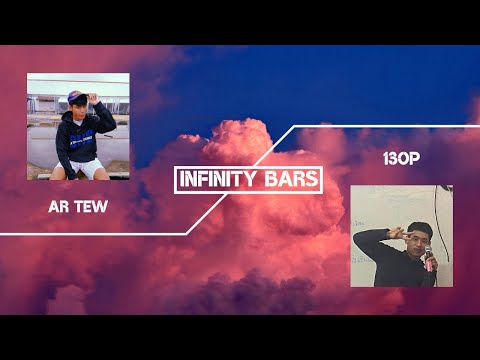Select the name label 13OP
[x=400, y=160]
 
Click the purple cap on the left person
[x=75, y=96]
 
